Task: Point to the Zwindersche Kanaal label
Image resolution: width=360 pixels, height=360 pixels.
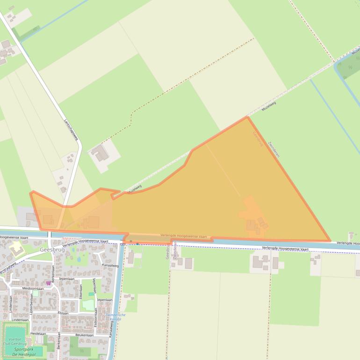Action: click(x=115, y=317)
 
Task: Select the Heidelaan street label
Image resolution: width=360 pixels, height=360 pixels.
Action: click(x=38, y=334)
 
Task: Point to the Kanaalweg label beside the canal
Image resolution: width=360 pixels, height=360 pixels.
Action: click(x=109, y=265)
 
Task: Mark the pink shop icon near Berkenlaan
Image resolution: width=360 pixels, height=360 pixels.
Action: click(x=48, y=283)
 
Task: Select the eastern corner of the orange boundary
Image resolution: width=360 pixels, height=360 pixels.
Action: click(x=330, y=241)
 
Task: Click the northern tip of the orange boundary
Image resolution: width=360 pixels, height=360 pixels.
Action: click(x=247, y=117)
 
